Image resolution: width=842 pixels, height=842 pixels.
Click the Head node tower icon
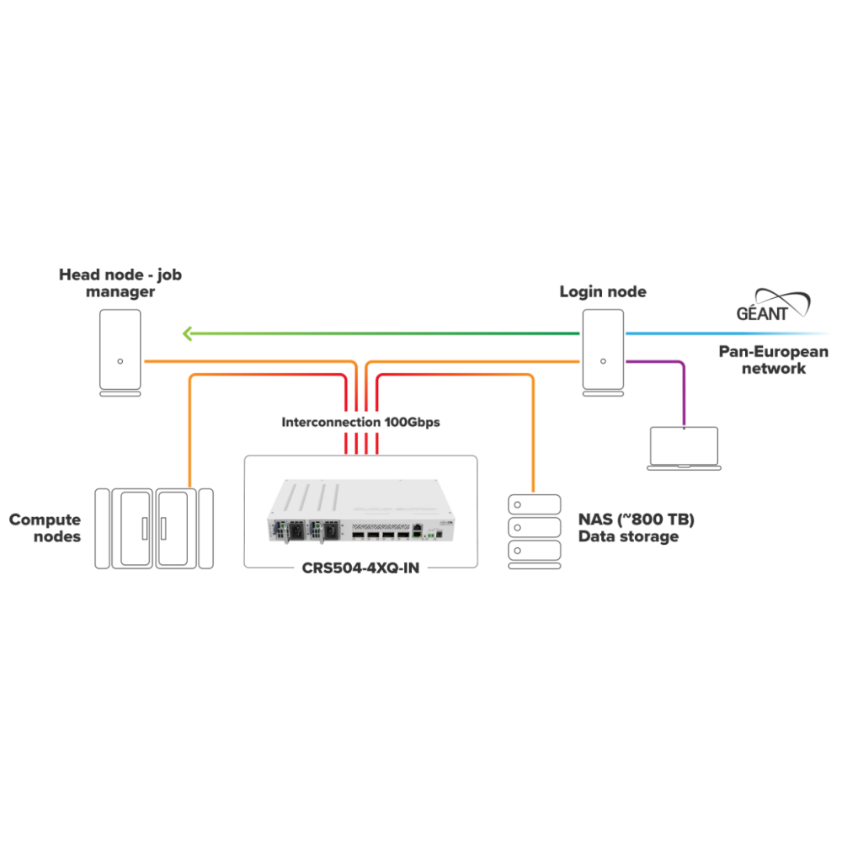point(120,352)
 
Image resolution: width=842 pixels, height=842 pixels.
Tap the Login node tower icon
point(603,352)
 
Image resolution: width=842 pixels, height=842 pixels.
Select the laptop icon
point(684,448)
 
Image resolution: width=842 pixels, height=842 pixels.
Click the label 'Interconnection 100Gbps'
point(361,422)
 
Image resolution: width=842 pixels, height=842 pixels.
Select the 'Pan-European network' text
point(773,360)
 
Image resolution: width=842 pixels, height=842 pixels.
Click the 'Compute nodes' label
point(45,528)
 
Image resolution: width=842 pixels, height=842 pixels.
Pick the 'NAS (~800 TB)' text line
point(636,520)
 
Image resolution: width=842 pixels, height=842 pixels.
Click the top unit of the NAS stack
point(535,504)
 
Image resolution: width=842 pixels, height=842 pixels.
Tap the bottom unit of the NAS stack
point(535,552)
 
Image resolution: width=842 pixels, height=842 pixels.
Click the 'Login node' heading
point(603,292)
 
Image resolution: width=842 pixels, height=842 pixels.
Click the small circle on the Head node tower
point(120,361)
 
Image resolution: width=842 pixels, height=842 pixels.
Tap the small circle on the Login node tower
point(603,361)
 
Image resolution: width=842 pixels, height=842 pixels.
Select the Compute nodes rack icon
point(153,528)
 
